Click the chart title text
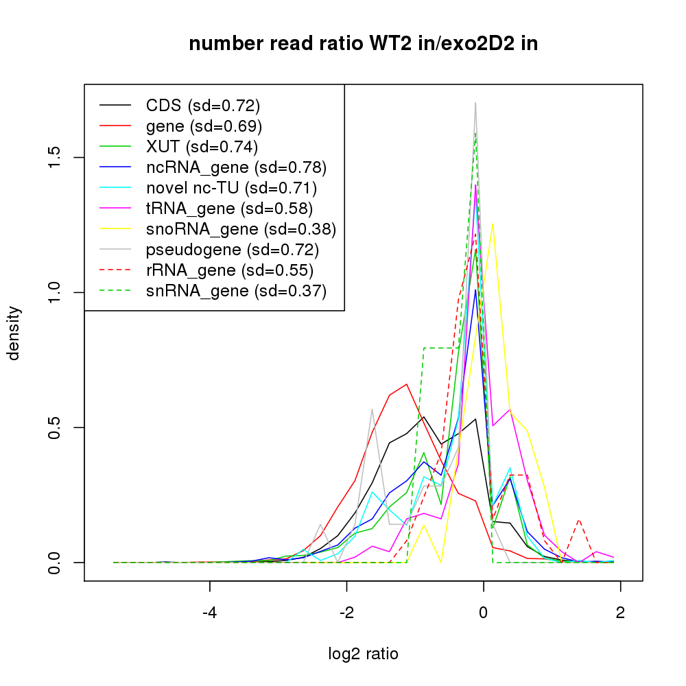[x=363, y=44]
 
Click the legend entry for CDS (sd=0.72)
[x=203, y=106]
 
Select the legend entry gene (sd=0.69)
[x=204, y=126]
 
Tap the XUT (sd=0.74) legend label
[x=202, y=147]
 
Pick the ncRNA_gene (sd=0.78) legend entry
[x=236, y=167]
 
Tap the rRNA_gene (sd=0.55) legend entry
[x=229, y=270]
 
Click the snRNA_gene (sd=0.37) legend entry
[x=236, y=291]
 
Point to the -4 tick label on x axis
[x=209, y=613]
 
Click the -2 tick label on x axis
[x=346, y=613]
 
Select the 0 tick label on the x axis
[x=484, y=613]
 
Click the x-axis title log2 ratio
[x=363, y=654]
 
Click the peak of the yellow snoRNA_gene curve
[x=493, y=223]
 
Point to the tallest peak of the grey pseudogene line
[x=475, y=103]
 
